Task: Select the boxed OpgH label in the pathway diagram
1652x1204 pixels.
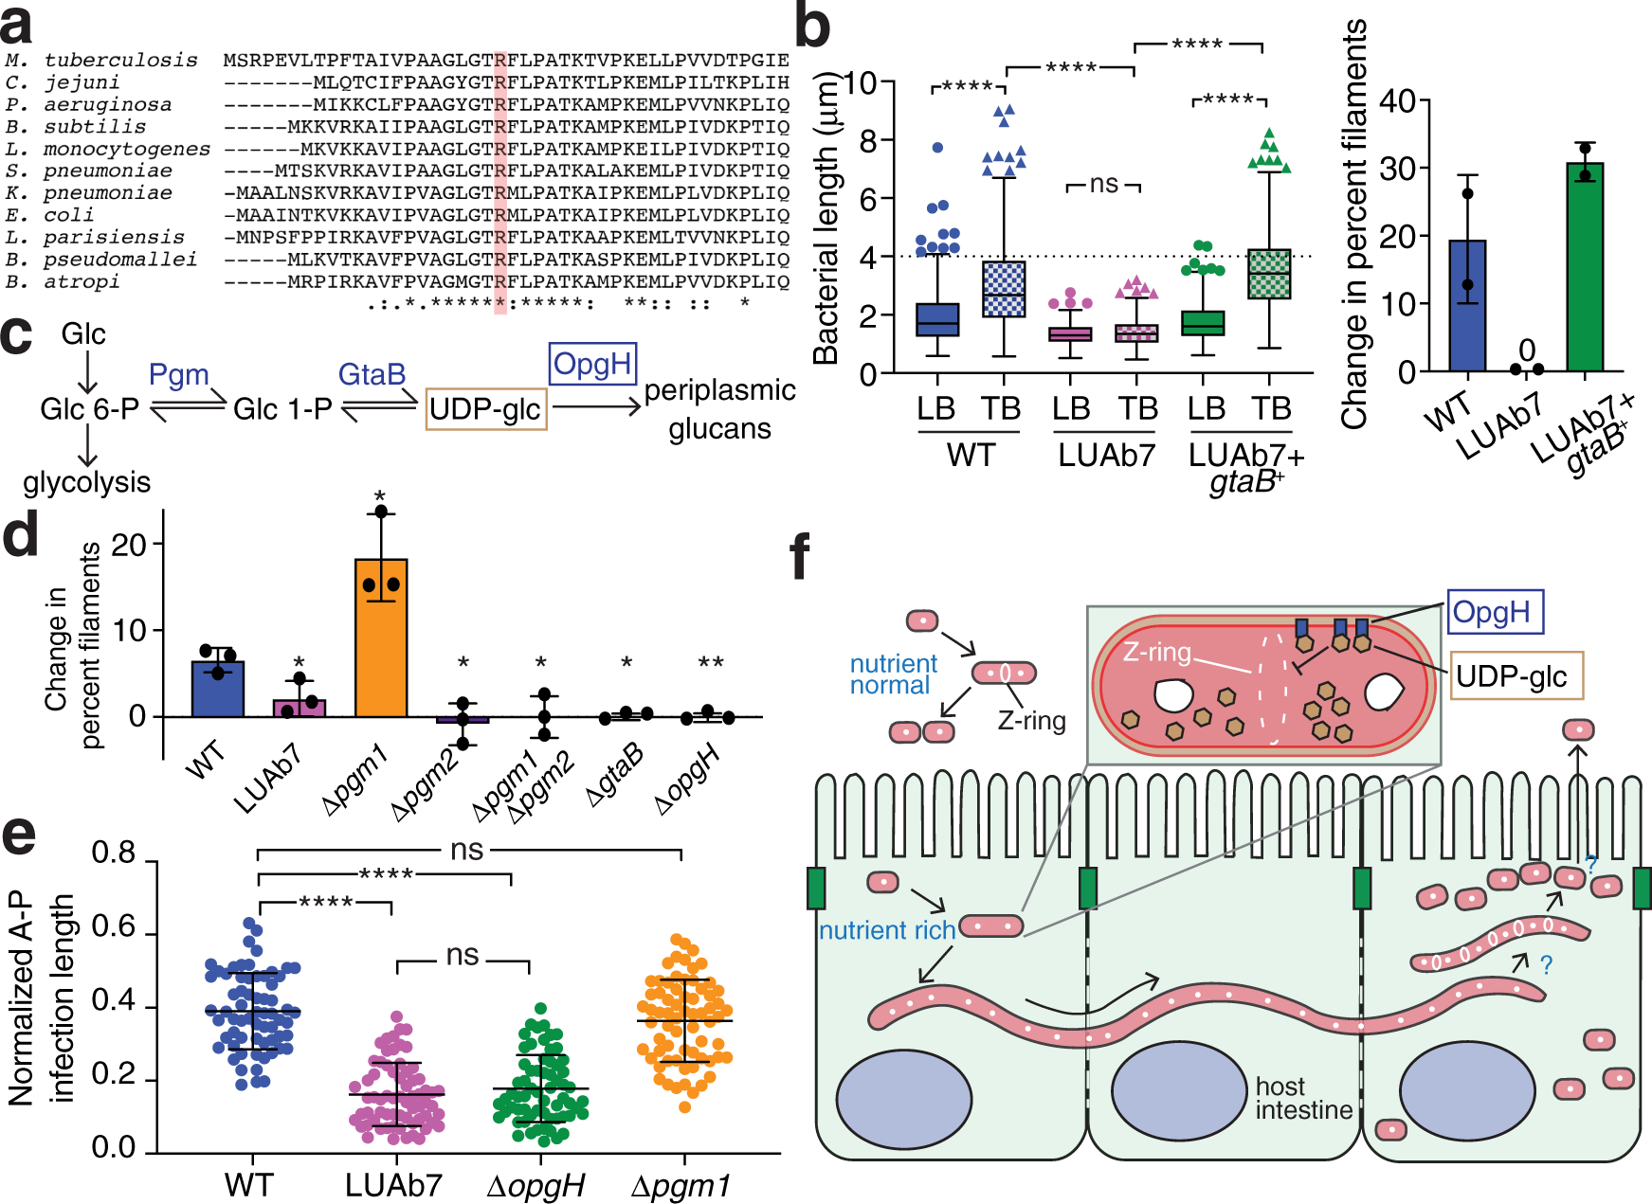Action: point(592,365)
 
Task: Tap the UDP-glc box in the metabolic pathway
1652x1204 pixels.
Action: point(485,409)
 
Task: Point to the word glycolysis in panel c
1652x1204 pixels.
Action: point(86,482)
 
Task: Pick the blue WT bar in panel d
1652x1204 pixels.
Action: point(218,689)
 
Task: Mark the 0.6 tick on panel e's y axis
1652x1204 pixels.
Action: point(114,927)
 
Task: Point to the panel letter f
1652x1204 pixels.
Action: point(800,557)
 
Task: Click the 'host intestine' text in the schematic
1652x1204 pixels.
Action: point(1303,1098)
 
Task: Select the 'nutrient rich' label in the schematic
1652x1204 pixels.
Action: point(886,931)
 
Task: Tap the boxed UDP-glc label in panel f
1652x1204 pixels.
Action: point(1512,676)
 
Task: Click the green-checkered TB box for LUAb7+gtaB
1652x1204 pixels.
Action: point(1269,275)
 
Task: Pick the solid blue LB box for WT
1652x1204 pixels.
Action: point(936,320)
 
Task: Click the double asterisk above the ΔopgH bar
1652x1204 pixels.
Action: point(711,663)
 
